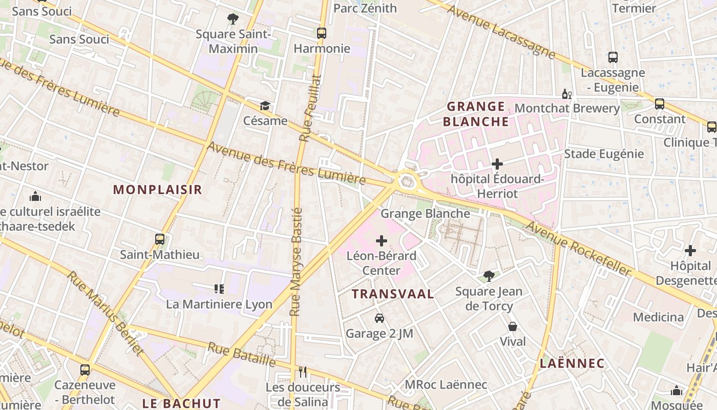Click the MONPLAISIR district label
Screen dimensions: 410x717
(x=158, y=190)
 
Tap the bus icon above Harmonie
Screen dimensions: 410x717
(x=322, y=33)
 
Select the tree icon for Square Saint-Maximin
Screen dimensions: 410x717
(x=233, y=19)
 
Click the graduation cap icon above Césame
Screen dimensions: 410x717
(x=265, y=106)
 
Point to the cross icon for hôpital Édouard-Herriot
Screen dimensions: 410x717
(x=497, y=164)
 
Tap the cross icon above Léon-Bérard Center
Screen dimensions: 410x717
(x=382, y=240)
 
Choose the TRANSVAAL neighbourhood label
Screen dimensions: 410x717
(x=393, y=294)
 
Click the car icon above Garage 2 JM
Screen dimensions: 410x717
(x=379, y=318)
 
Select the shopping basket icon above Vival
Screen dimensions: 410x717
(x=513, y=326)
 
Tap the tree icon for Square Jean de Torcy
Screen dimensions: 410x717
(x=489, y=276)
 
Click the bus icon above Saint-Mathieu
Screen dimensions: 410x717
(x=160, y=239)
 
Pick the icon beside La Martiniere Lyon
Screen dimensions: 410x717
(x=219, y=289)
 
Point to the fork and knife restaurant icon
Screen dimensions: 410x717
(x=303, y=372)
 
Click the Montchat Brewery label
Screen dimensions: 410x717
(x=567, y=109)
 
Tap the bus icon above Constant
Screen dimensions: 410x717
(x=660, y=104)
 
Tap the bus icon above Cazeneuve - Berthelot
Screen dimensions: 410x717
(x=85, y=370)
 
